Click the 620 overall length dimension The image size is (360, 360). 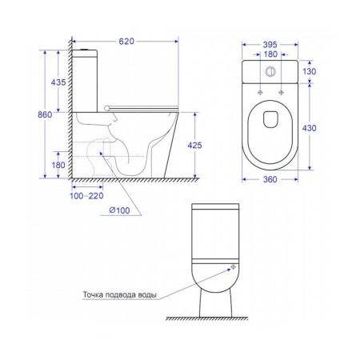coord(126,42)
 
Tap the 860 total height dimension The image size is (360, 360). coord(45,114)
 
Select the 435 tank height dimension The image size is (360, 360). coord(58,82)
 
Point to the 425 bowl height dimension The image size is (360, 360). coord(194,146)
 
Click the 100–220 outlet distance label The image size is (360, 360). coord(86,196)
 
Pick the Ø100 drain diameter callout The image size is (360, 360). coord(119,210)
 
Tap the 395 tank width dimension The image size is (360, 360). coord(270,45)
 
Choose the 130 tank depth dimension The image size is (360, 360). coord(310,71)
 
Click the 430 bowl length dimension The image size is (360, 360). coord(310,128)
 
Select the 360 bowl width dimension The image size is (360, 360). coord(270,179)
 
